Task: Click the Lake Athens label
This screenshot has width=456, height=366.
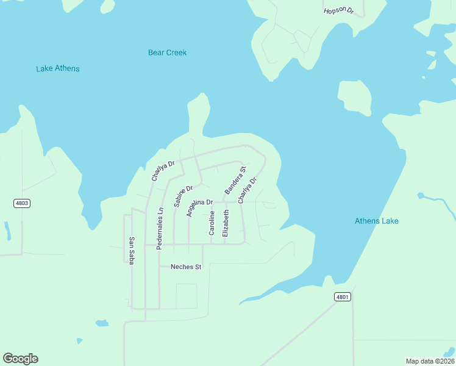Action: pos(58,68)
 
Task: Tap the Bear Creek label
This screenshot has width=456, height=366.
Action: pos(167,52)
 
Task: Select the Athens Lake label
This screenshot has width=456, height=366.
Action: pos(376,221)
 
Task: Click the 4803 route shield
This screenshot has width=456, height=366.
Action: pos(21,203)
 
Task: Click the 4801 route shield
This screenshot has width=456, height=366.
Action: pos(343,297)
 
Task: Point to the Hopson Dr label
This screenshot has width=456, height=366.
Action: pos(338,10)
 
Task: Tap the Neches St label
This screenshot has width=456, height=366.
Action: pos(185,267)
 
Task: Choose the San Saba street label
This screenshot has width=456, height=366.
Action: pos(131,249)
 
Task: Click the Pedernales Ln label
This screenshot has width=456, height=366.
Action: pos(160,229)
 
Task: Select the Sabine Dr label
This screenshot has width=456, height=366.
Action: pos(183,196)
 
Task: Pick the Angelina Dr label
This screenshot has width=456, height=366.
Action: pos(199,206)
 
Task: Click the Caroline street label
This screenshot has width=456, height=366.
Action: pos(212,223)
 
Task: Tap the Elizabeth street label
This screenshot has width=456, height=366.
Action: pos(226,223)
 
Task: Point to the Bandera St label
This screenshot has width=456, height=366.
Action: pos(235,180)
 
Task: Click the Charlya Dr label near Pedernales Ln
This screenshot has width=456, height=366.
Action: pos(163,171)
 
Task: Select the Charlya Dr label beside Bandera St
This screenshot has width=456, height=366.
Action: pos(248,190)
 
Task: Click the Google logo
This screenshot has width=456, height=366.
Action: pos(20,359)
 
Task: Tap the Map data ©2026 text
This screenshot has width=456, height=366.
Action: pos(430,361)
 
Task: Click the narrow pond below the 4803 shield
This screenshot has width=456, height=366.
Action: pos(7,231)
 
